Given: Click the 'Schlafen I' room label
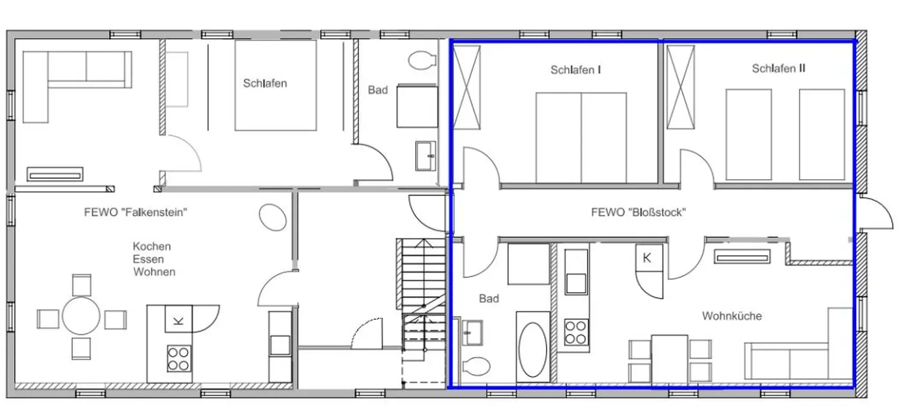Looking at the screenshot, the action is pyautogui.click(x=576, y=70).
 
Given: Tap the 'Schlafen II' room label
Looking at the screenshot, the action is pyautogui.click(x=778, y=69).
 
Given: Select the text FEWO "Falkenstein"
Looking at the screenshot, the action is pyautogui.click(x=136, y=212).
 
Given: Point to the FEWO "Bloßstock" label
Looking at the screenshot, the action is pyautogui.click(x=638, y=212).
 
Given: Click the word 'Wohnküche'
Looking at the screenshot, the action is pyautogui.click(x=732, y=316).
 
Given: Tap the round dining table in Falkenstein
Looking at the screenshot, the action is pyautogui.click(x=81, y=316).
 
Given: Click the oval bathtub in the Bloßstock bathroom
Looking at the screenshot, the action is pyautogui.click(x=533, y=349).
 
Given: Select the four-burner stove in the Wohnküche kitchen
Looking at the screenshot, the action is pyautogui.click(x=576, y=332).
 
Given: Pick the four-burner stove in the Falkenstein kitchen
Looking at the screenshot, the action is pyautogui.click(x=179, y=358).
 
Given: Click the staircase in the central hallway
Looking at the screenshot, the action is pyautogui.click(x=424, y=295).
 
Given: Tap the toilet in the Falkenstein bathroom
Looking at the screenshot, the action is pyautogui.click(x=422, y=60).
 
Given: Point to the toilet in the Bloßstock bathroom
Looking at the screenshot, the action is pyautogui.click(x=477, y=366).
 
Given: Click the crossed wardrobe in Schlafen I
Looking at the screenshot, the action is pyautogui.click(x=466, y=88).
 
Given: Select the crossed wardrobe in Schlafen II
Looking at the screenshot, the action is pyautogui.click(x=681, y=88).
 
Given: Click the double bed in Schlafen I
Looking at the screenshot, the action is pyautogui.click(x=581, y=138).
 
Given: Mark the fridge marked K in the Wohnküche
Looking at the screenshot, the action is pyautogui.click(x=649, y=258).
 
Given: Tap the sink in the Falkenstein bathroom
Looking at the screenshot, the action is pyautogui.click(x=426, y=156).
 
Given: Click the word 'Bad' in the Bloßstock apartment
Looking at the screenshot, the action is pyautogui.click(x=489, y=299).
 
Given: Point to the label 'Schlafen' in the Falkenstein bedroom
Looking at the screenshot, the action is pyautogui.click(x=265, y=83).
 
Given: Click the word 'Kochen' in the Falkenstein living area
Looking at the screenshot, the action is pyautogui.click(x=152, y=246).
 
